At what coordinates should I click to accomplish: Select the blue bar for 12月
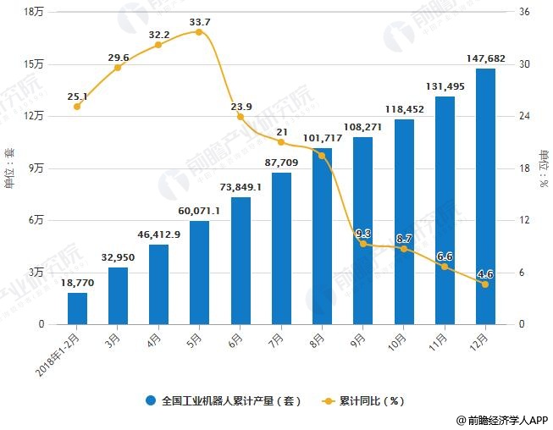tap(485, 196)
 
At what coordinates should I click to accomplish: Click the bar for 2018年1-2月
tap(77, 308)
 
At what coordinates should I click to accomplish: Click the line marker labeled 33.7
tap(199, 32)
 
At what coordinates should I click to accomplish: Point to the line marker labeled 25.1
tap(77, 107)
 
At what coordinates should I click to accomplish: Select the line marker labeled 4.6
tap(485, 284)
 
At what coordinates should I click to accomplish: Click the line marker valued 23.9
tap(241, 117)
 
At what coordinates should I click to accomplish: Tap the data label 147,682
tap(485, 58)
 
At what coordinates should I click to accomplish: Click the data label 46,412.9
tap(158, 234)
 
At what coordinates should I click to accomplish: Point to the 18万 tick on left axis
tap(35, 12)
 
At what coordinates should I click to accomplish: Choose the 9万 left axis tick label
tap(37, 168)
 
